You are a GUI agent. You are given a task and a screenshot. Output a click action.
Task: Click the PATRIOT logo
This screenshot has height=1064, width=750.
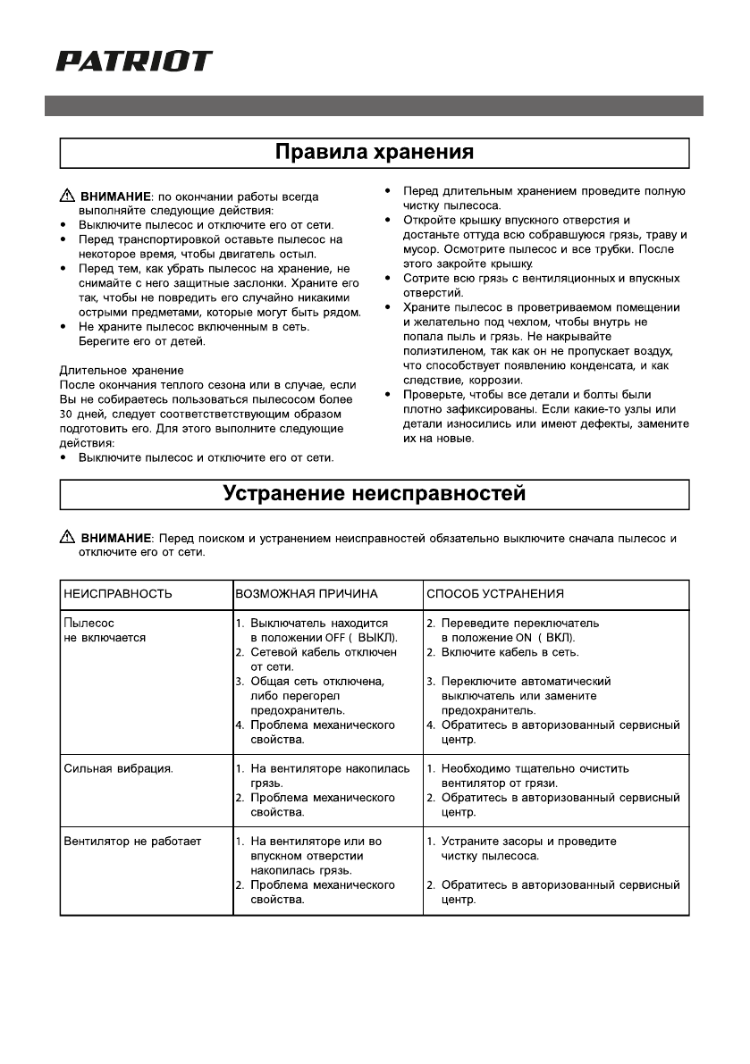point(134,61)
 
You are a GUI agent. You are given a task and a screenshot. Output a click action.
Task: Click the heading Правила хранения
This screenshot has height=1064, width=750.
point(374,152)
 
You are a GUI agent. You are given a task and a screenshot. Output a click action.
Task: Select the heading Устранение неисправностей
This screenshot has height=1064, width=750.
point(374,493)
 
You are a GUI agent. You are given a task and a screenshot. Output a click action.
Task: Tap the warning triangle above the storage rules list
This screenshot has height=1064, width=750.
point(68,196)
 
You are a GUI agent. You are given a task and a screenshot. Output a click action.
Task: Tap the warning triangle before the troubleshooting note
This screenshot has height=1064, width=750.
point(68,538)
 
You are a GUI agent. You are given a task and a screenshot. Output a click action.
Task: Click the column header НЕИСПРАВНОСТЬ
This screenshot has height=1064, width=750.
point(118,593)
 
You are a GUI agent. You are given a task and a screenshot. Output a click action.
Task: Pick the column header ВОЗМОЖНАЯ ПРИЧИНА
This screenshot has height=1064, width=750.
point(307,593)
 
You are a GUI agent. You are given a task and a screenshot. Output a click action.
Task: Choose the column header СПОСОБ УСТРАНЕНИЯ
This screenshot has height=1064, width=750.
point(495,593)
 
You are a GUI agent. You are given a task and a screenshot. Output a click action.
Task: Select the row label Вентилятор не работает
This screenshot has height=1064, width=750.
point(132,841)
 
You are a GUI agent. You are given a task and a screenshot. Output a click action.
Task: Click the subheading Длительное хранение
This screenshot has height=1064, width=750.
point(122,370)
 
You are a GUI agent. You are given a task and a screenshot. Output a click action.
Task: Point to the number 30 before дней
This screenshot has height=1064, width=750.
point(67,414)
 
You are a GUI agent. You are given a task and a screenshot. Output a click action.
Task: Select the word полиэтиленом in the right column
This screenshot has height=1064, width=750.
point(443,351)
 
